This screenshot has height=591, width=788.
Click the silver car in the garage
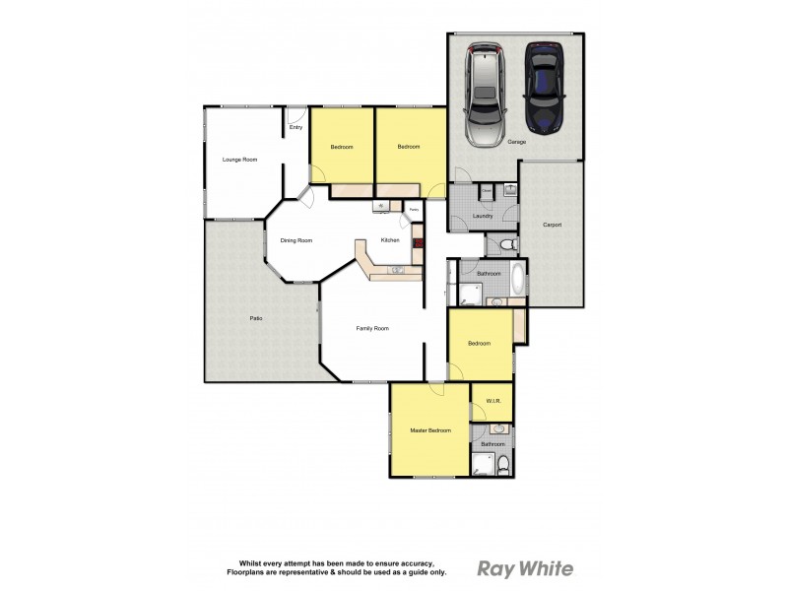click(485, 91)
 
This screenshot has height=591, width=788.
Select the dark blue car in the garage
click(543, 88)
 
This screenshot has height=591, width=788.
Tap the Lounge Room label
click(239, 159)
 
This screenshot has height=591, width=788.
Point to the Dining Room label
click(295, 240)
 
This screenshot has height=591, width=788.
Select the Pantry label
click(414, 209)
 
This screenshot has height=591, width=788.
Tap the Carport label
click(552, 225)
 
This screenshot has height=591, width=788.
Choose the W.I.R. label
click(493, 401)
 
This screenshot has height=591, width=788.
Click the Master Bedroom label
click(430, 430)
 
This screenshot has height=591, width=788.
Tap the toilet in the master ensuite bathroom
click(502, 463)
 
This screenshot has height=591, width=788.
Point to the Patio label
click(255, 318)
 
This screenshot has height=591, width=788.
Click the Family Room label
click(373, 329)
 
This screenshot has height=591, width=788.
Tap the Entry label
click(295, 127)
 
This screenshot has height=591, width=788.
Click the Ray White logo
click(525, 568)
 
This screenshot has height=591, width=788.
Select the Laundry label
click(483, 216)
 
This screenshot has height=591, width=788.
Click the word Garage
click(516, 142)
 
